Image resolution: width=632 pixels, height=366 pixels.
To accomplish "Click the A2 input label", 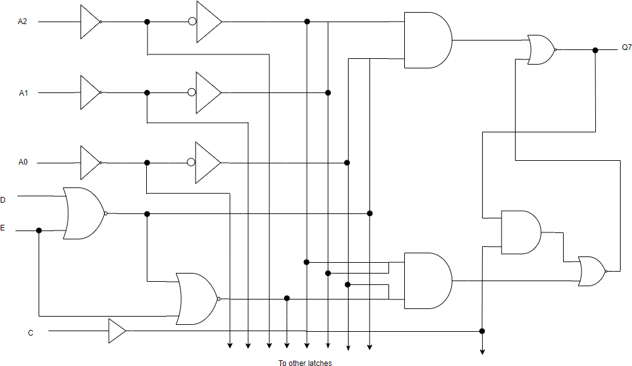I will click(x=23, y=22).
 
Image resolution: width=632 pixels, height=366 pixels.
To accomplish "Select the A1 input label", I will click(x=23, y=93).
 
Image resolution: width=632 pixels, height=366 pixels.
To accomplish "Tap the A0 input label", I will click(x=23, y=163).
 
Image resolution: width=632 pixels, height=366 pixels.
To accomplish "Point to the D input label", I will click(x=3, y=200).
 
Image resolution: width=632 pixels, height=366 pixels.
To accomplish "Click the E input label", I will click(x=3, y=228).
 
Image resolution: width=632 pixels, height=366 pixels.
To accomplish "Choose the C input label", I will click(x=30, y=332).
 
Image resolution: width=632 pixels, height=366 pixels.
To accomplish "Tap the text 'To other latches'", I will click(x=305, y=363).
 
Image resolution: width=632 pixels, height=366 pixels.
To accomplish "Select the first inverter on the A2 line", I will click(x=89, y=22).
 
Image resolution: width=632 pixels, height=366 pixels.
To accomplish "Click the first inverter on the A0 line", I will click(x=89, y=163).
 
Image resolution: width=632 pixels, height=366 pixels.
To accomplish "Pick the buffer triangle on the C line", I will click(x=116, y=331).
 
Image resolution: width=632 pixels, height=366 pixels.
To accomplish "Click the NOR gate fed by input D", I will click(x=83, y=213).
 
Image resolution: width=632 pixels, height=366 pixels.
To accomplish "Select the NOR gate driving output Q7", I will click(x=541, y=50).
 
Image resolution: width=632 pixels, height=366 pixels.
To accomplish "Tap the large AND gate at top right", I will click(x=428, y=41).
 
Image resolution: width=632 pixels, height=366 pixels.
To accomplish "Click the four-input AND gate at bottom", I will click(x=428, y=281).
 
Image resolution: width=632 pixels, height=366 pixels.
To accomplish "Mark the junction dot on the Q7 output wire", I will click(x=595, y=50).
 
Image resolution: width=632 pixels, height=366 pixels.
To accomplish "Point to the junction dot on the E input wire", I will click(x=39, y=230).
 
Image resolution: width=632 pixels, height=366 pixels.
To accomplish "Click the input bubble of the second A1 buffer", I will click(x=192, y=92).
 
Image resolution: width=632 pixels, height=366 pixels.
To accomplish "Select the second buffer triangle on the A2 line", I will click(x=208, y=22).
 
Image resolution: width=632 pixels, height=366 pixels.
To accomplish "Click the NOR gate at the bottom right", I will click(x=592, y=271).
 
